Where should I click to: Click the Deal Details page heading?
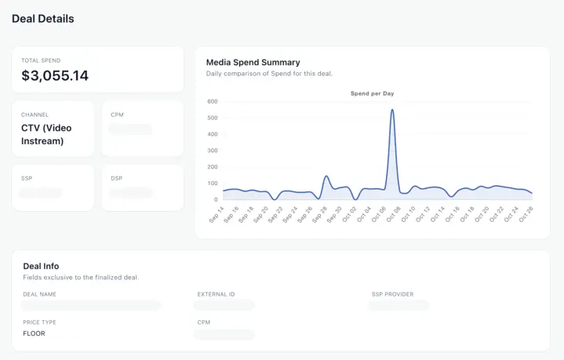coord(42,19)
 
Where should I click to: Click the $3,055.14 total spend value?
coord(55,76)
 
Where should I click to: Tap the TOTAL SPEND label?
coord(41,60)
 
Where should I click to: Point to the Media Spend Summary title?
coord(253,62)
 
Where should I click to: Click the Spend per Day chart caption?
coord(372,93)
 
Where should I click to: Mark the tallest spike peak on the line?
coord(392,110)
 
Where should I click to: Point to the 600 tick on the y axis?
coord(212,101)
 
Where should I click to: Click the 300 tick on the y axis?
coord(212,151)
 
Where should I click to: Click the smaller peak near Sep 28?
coord(326,176)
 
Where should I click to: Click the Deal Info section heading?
coord(41,266)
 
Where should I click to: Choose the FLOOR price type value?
coord(34,333)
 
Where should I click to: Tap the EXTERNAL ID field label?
coord(216,294)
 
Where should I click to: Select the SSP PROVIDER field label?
coord(393,294)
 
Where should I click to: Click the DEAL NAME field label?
coord(39,294)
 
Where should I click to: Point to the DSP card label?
coord(116,178)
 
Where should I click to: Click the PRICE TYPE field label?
coord(39,322)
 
